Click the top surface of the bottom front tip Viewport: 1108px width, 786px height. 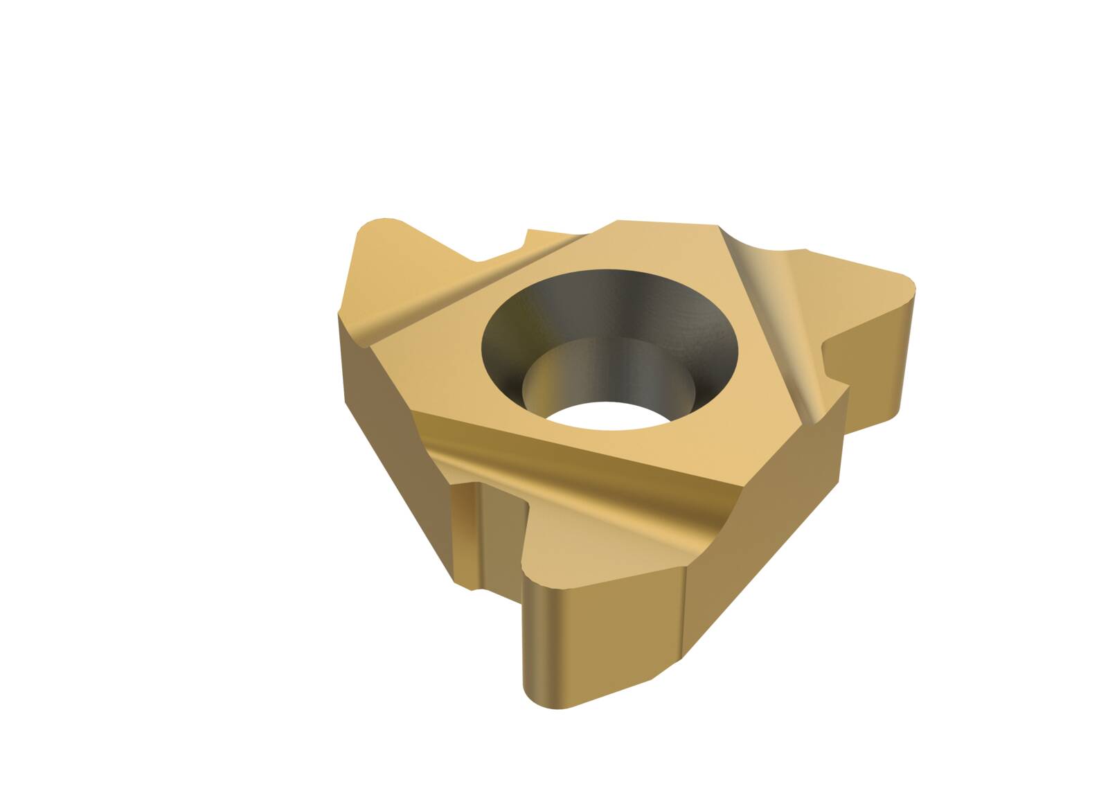(x=596, y=554)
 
